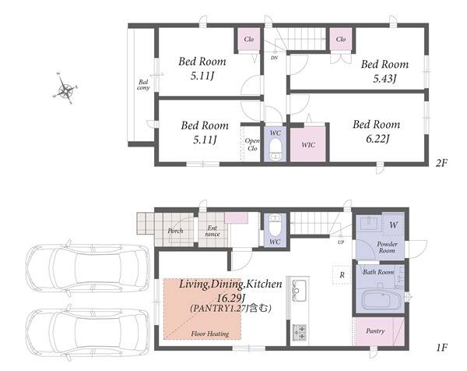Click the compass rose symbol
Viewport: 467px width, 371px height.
(x=65, y=89)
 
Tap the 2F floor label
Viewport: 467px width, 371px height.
(x=441, y=163)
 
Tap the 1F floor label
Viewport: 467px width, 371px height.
(x=442, y=348)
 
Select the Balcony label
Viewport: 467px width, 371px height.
(x=143, y=85)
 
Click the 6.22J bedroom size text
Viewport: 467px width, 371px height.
(x=377, y=139)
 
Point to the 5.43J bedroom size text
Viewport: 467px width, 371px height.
(x=384, y=79)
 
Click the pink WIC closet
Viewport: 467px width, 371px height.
(x=308, y=144)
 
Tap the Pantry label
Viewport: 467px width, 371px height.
(x=375, y=330)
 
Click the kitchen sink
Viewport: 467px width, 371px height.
(x=298, y=290)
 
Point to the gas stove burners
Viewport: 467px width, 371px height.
(x=300, y=332)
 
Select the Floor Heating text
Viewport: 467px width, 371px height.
(x=210, y=334)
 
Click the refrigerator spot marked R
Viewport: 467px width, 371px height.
(x=342, y=274)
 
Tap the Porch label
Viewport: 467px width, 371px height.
(x=175, y=231)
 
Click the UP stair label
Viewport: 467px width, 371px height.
(x=341, y=242)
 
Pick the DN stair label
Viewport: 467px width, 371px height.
(x=274, y=58)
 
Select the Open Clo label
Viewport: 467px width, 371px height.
(x=252, y=144)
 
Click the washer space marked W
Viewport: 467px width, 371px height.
(x=393, y=224)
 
